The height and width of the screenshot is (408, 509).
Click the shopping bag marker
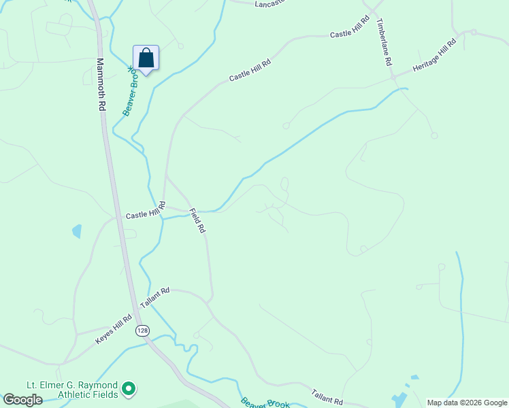click(x=146, y=58)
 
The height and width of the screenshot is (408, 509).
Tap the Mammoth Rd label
click(x=101, y=84)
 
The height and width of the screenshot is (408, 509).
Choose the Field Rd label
click(x=197, y=221)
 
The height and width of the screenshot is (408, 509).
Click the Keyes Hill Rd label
click(x=113, y=328)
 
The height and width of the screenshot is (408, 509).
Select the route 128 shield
click(x=142, y=330)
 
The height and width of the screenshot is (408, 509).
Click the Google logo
click(x=22, y=400)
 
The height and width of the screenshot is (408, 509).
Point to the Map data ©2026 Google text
click(x=467, y=403)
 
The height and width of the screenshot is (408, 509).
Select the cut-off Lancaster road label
click(x=269, y=3)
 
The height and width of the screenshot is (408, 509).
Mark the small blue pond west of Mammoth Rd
click(x=77, y=231)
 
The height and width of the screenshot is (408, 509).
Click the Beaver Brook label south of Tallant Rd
click(x=265, y=402)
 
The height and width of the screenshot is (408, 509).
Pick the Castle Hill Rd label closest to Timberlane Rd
click(x=349, y=27)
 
